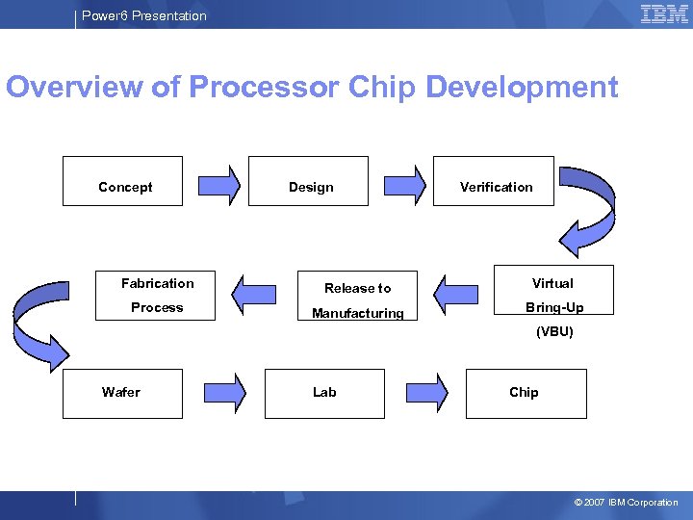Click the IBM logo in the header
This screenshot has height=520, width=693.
[x=664, y=13]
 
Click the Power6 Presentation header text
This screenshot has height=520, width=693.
[x=144, y=15]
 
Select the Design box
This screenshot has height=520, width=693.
[x=308, y=181]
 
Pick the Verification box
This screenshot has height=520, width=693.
[x=494, y=181]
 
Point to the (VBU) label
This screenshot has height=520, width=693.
[x=554, y=332]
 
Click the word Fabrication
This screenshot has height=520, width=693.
[x=157, y=283]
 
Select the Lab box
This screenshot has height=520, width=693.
[x=324, y=393]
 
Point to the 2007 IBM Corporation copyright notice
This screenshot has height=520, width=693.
[x=626, y=503]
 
